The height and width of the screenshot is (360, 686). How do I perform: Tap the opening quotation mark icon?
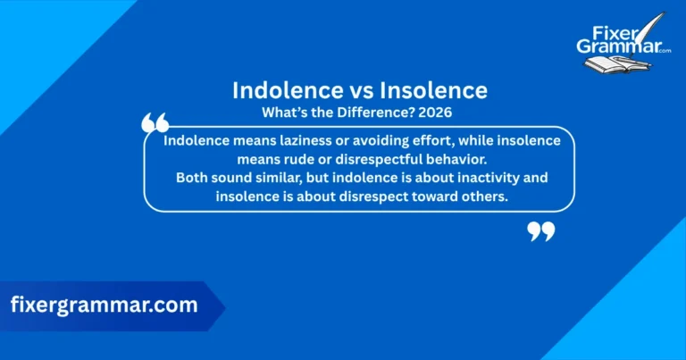[155, 124]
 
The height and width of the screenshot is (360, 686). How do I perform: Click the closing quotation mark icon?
[540, 230]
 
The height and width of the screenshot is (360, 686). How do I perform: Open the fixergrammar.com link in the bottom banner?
[105, 306]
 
